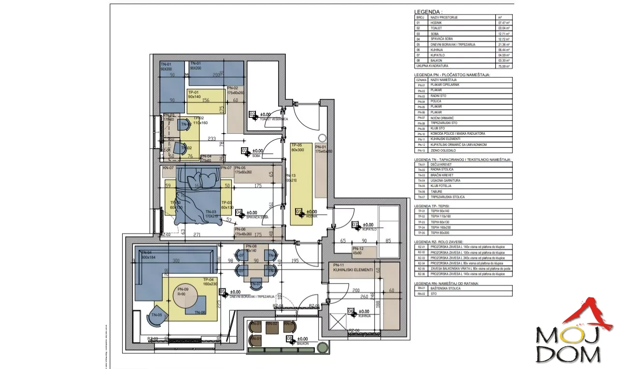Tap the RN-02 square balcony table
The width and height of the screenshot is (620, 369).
click(x=272, y=327)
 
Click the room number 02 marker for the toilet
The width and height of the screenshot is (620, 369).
click(x=253, y=115)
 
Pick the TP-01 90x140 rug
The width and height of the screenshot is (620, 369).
click(x=206, y=101)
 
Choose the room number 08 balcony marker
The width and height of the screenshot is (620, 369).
click(x=290, y=339)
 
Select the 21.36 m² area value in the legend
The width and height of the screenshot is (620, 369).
click(x=504, y=44)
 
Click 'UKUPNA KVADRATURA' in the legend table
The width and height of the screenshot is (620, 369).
click(x=432, y=66)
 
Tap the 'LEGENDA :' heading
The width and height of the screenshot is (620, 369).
click(x=428, y=12)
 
